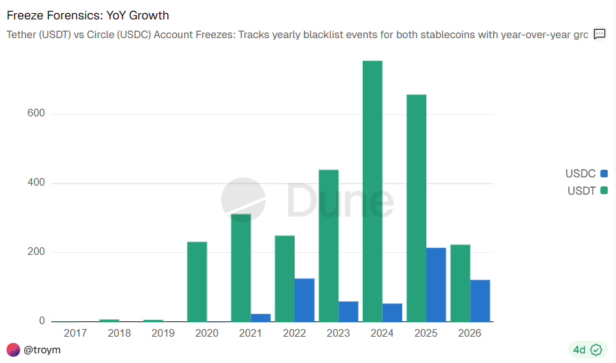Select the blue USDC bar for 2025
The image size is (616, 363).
(436, 284)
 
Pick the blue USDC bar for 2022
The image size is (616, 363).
(305, 300)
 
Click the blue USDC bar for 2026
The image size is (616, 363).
(480, 301)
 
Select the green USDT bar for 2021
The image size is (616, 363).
(241, 267)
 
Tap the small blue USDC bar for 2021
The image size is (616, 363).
(261, 317)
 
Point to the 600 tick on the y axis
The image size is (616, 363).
(37, 114)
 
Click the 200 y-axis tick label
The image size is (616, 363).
(37, 252)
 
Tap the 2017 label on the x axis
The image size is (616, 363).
(75, 333)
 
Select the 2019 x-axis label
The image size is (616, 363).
(163, 333)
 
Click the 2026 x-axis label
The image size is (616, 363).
(471, 333)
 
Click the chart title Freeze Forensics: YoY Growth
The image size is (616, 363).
(88, 15)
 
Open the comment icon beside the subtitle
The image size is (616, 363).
(600, 34)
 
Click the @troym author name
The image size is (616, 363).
(42, 350)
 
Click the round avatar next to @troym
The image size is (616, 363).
(13, 350)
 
